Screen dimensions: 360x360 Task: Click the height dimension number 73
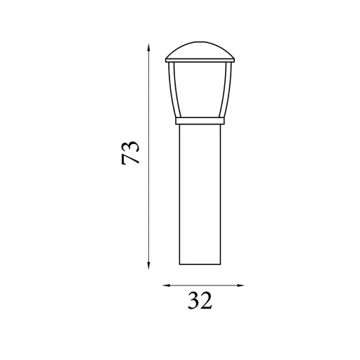(x=130, y=153)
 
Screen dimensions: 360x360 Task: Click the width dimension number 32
(x=200, y=300)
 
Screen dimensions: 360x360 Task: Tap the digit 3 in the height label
(x=130, y=147)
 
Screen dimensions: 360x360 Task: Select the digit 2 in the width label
(x=207, y=300)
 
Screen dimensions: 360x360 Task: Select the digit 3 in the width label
(x=193, y=300)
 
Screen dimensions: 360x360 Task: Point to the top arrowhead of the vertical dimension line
(x=148, y=48)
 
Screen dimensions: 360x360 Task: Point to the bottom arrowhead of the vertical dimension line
(x=148, y=265)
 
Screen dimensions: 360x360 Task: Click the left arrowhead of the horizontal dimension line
(x=167, y=285)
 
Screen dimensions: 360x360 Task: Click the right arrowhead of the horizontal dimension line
(x=240, y=285)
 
